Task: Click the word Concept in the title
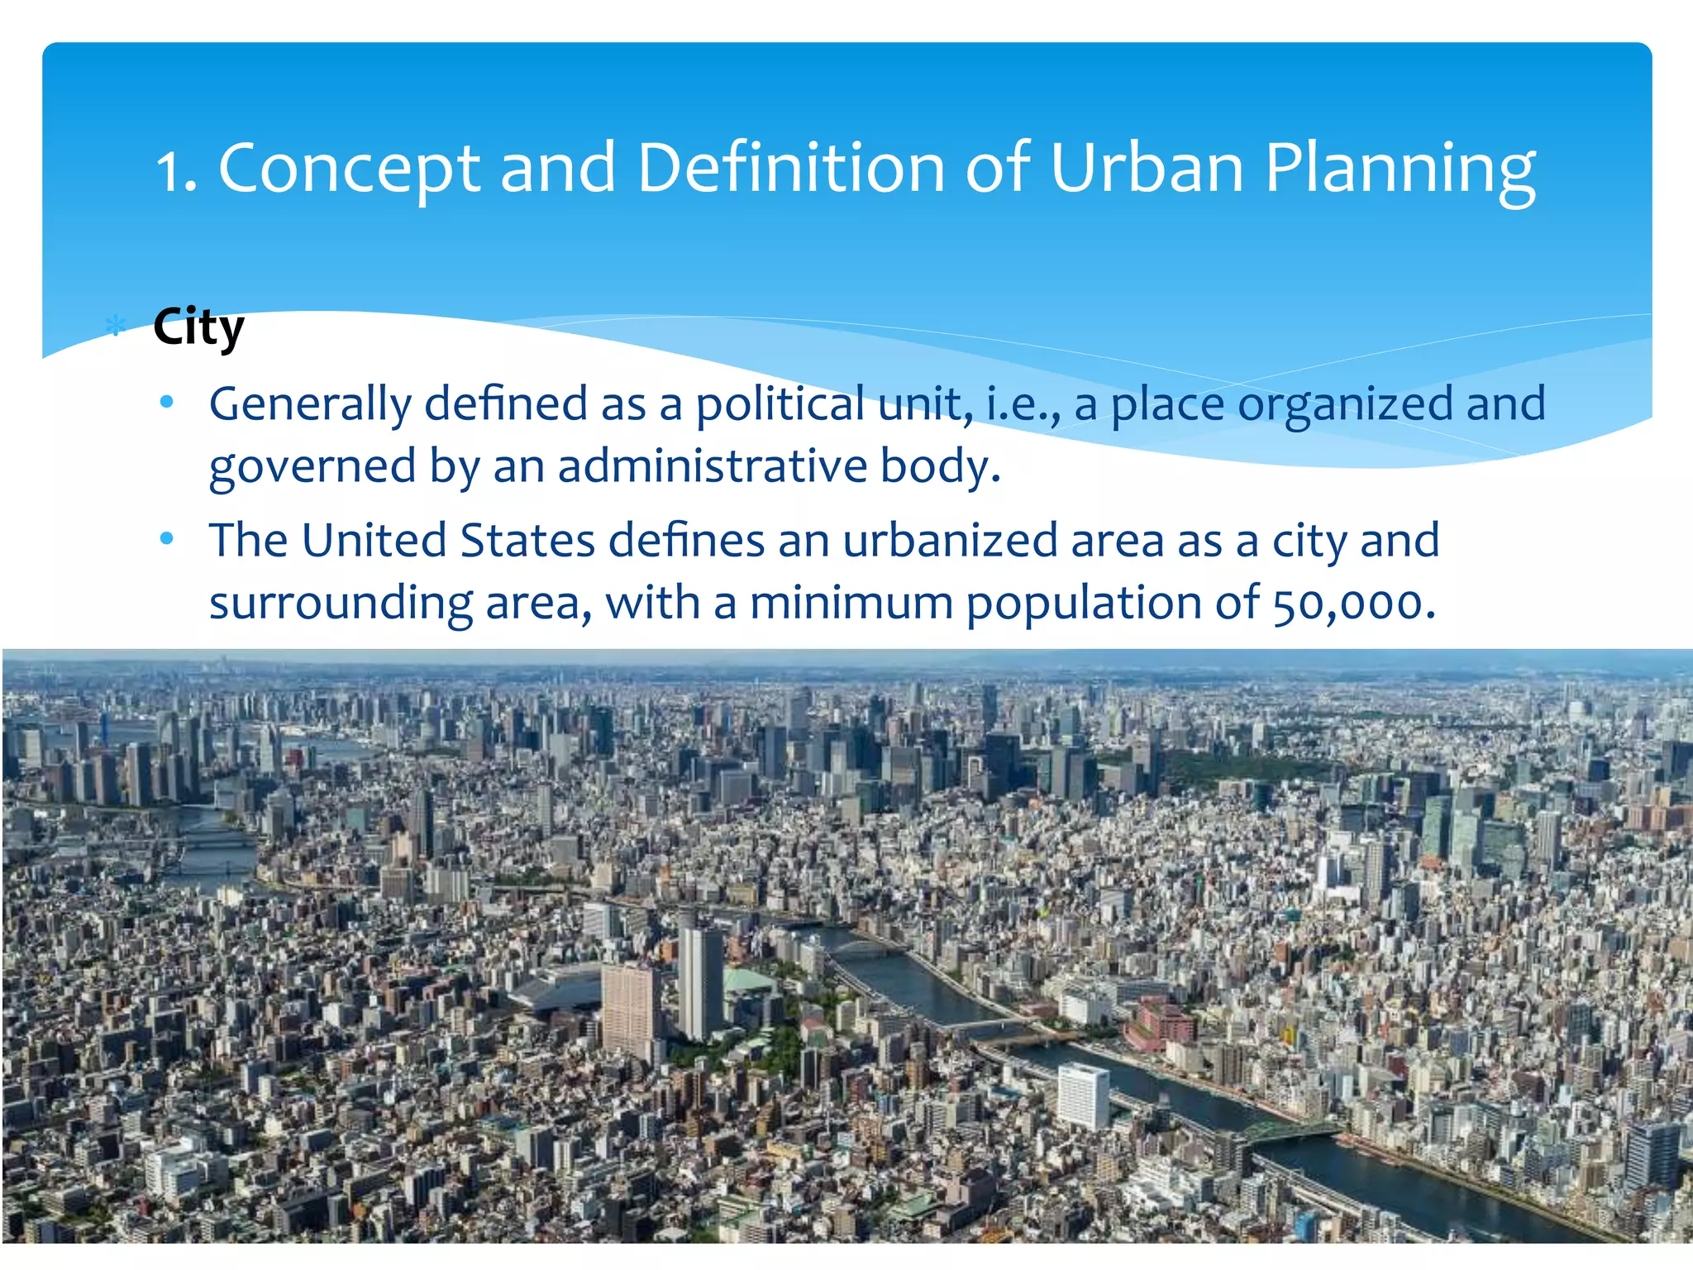tap(348, 169)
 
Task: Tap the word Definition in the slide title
tap(791, 168)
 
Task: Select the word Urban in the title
tap(1147, 168)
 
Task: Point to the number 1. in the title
tap(176, 171)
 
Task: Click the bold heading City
tap(198, 327)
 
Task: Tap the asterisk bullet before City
tap(116, 327)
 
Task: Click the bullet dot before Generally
tap(167, 403)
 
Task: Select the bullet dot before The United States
tap(167, 539)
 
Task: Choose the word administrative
tap(713, 466)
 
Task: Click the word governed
tap(312, 467)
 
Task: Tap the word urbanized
tap(950, 541)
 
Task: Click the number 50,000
tap(1352, 604)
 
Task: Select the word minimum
tap(851, 603)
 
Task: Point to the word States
tap(527, 541)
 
